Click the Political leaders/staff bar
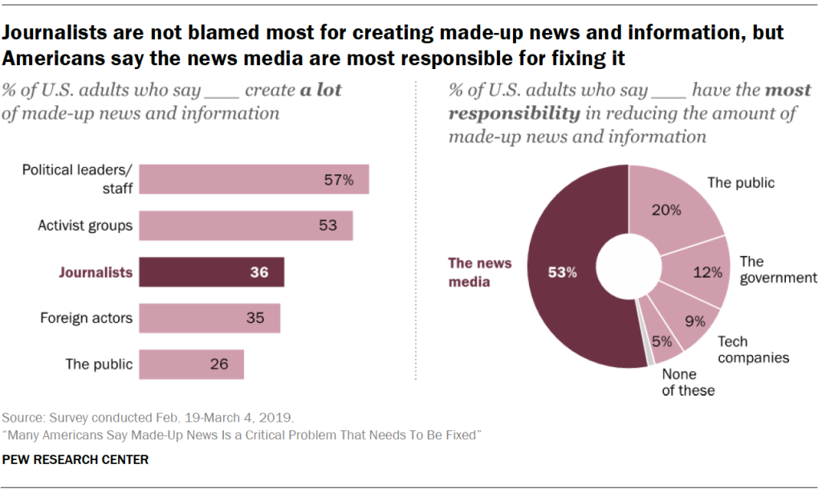pyautogui.click(x=254, y=179)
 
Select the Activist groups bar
pyautogui.click(x=246, y=226)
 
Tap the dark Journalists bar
pyautogui.click(x=212, y=272)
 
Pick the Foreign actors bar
pyautogui.click(x=210, y=318)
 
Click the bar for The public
pyautogui.click(x=191, y=364)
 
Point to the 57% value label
pyautogui.click(x=337, y=180)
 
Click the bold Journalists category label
pyautogui.click(x=96, y=272)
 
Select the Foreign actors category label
pyautogui.click(x=86, y=318)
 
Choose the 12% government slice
pyautogui.click(x=698, y=272)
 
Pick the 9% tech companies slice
pyautogui.click(x=686, y=320)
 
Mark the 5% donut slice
pyautogui.click(x=662, y=342)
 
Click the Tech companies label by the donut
pyautogui.click(x=753, y=349)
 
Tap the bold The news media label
pyautogui.click(x=479, y=272)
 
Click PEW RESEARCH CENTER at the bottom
pyautogui.click(x=75, y=460)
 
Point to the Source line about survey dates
pyautogui.click(x=149, y=418)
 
